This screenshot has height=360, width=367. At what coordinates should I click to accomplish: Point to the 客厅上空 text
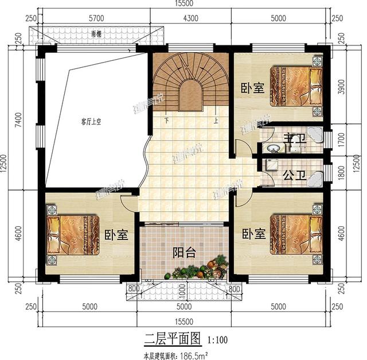click(91, 122)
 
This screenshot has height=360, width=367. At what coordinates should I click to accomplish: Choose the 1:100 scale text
click(217, 340)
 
